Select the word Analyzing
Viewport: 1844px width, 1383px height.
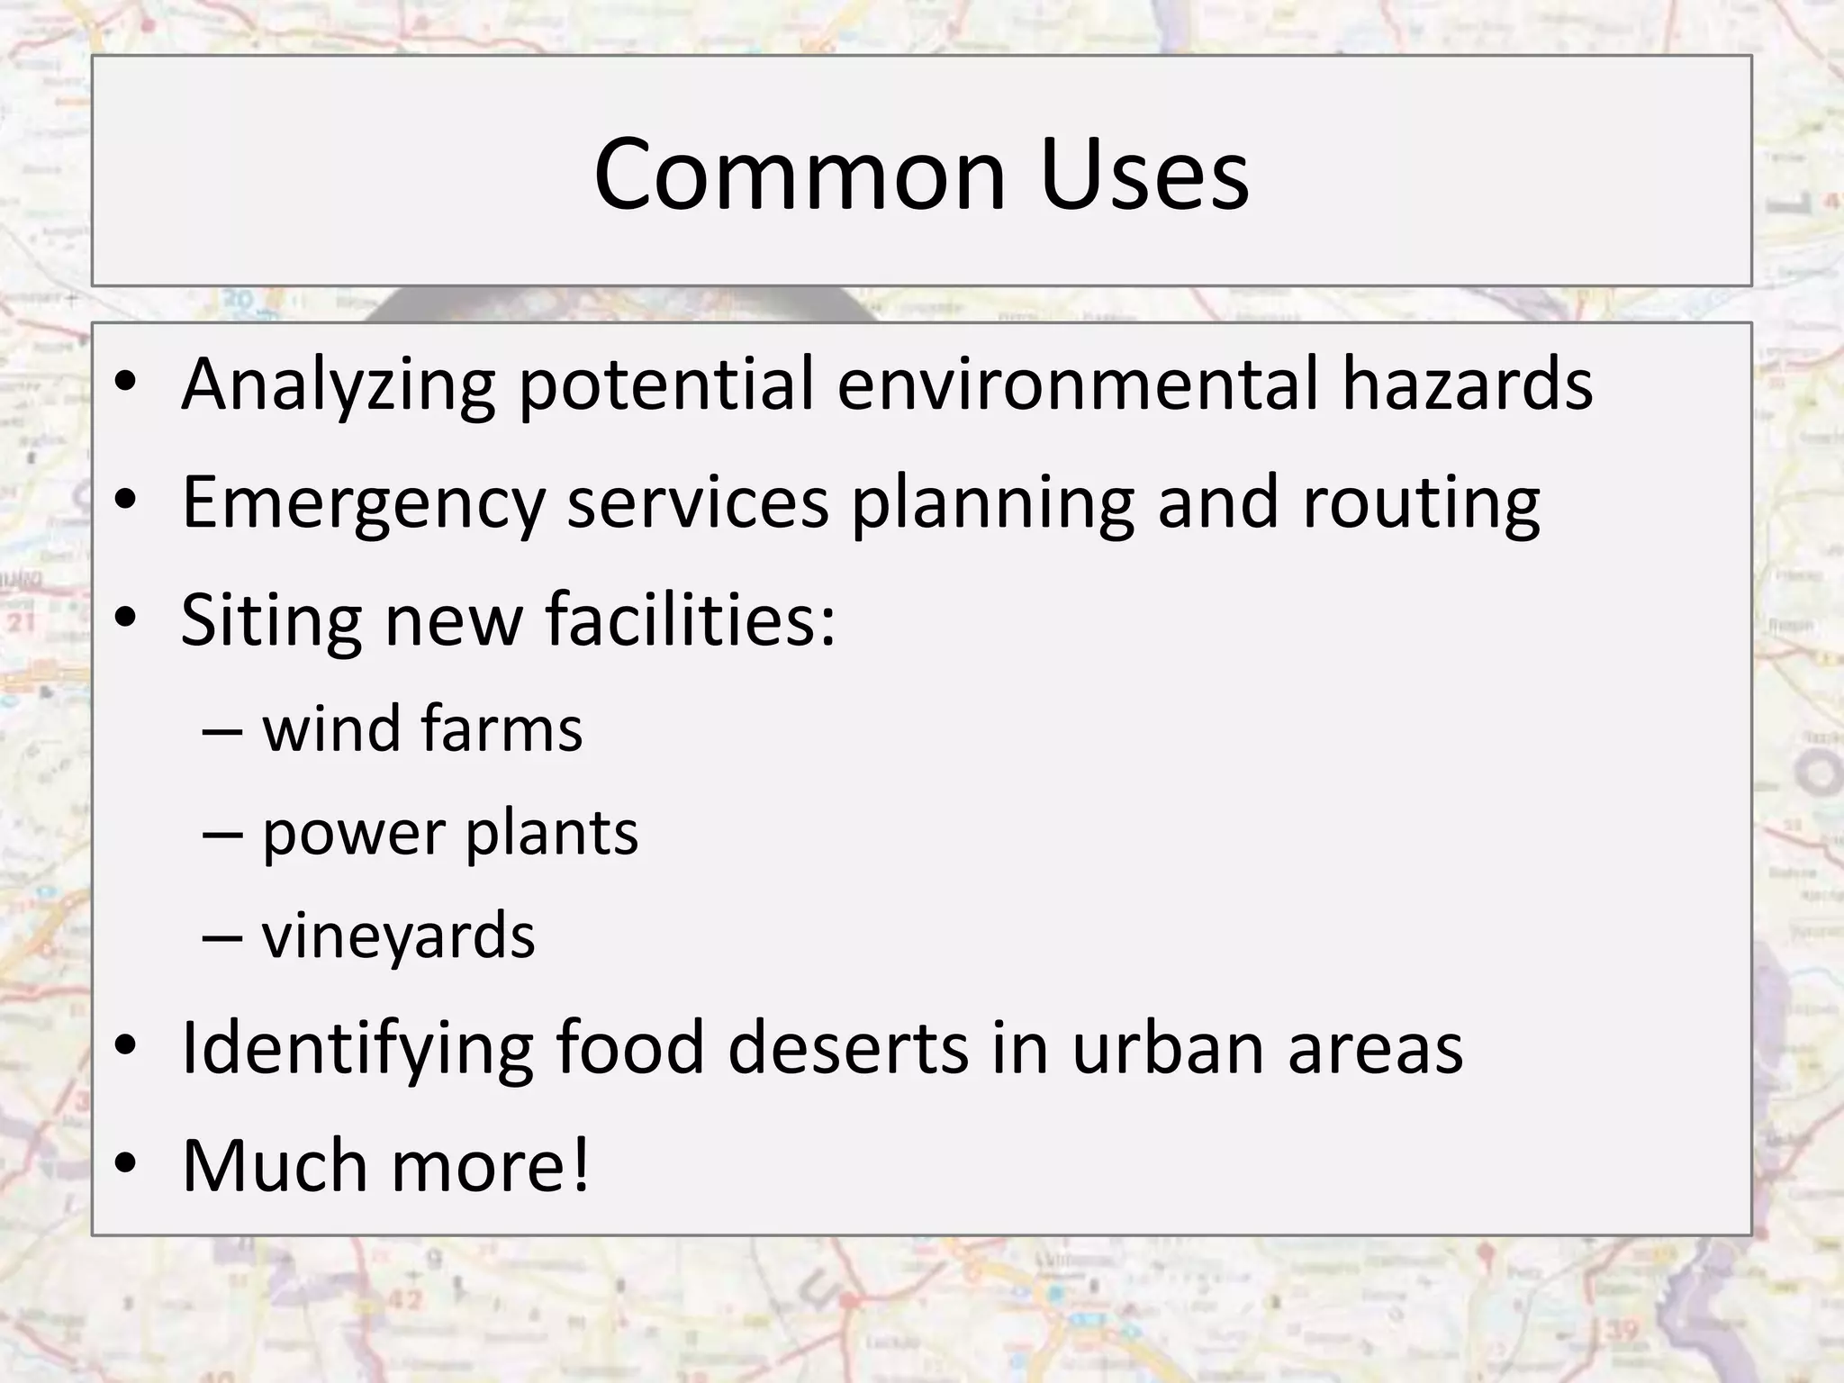338,385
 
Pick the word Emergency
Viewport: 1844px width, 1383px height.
363,504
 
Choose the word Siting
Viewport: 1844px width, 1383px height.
271,621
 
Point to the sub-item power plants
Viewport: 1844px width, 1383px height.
449,834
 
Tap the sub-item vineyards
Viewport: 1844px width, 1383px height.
398,936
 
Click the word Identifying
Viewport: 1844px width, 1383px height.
357,1050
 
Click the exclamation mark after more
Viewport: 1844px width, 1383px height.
579,1165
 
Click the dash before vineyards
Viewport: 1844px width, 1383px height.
222,936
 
